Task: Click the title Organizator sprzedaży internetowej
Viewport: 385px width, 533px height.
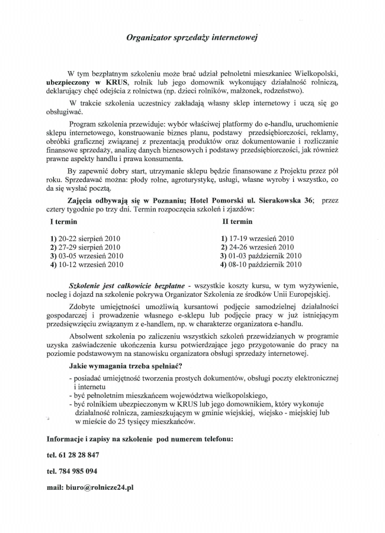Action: point(192,37)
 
